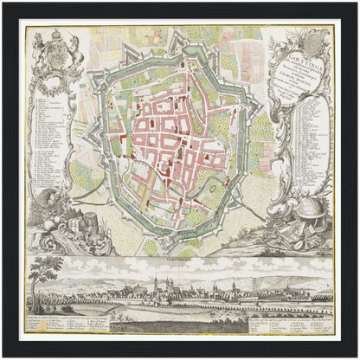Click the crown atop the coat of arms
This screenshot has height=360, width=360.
tap(58, 34)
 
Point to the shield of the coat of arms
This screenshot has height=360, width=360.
tap(57, 55)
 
